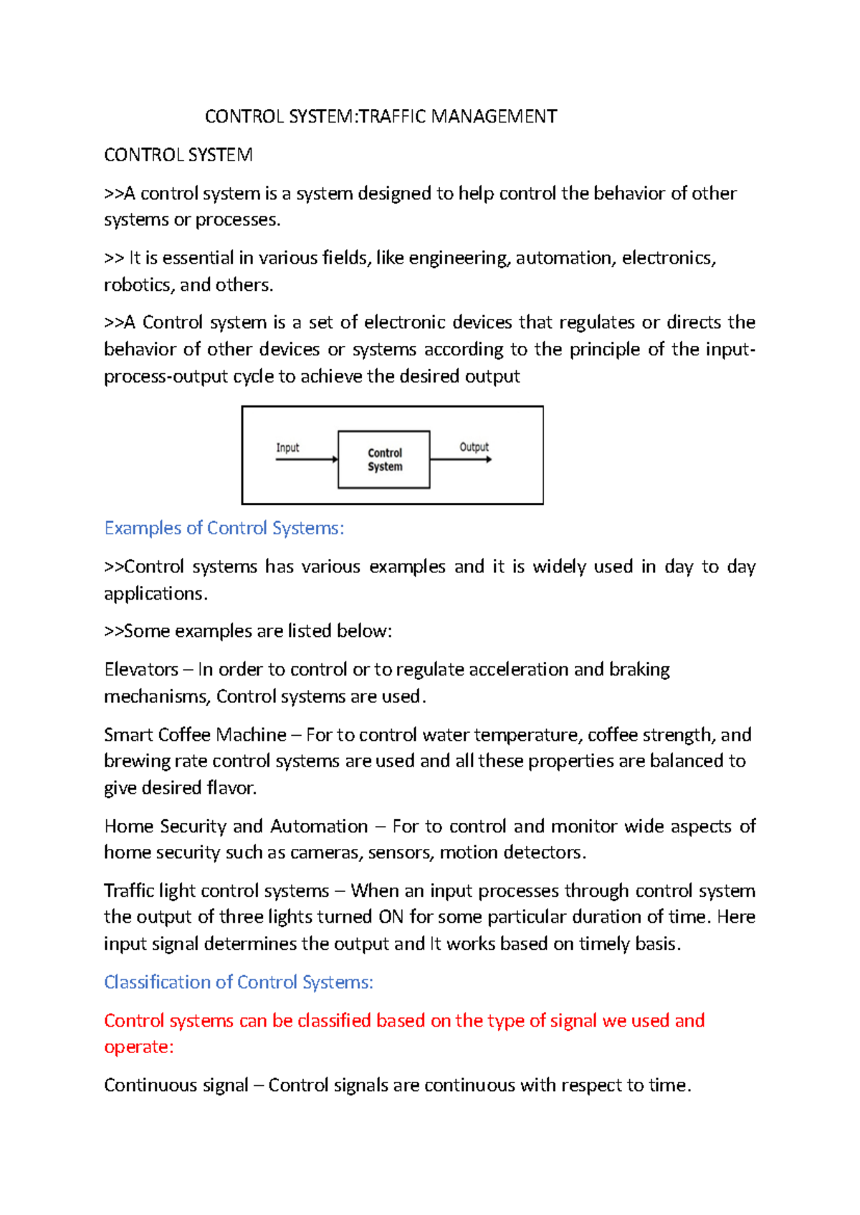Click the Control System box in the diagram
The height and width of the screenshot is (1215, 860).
tap(384, 459)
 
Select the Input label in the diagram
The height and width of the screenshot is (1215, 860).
tap(287, 448)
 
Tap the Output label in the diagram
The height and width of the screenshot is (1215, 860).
tap(474, 447)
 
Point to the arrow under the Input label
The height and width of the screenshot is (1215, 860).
tap(306, 459)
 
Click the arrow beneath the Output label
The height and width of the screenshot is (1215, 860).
tap(461, 459)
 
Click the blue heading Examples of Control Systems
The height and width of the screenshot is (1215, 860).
tap(224, 528)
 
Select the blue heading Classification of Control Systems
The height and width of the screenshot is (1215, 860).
tap(238, 982)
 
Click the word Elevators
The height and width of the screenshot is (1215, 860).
tap(141, 670)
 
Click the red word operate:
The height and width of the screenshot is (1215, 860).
tap(138, 1047)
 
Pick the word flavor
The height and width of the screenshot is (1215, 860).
tap(231, 788)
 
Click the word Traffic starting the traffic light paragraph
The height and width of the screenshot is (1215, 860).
tap(128, 891)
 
